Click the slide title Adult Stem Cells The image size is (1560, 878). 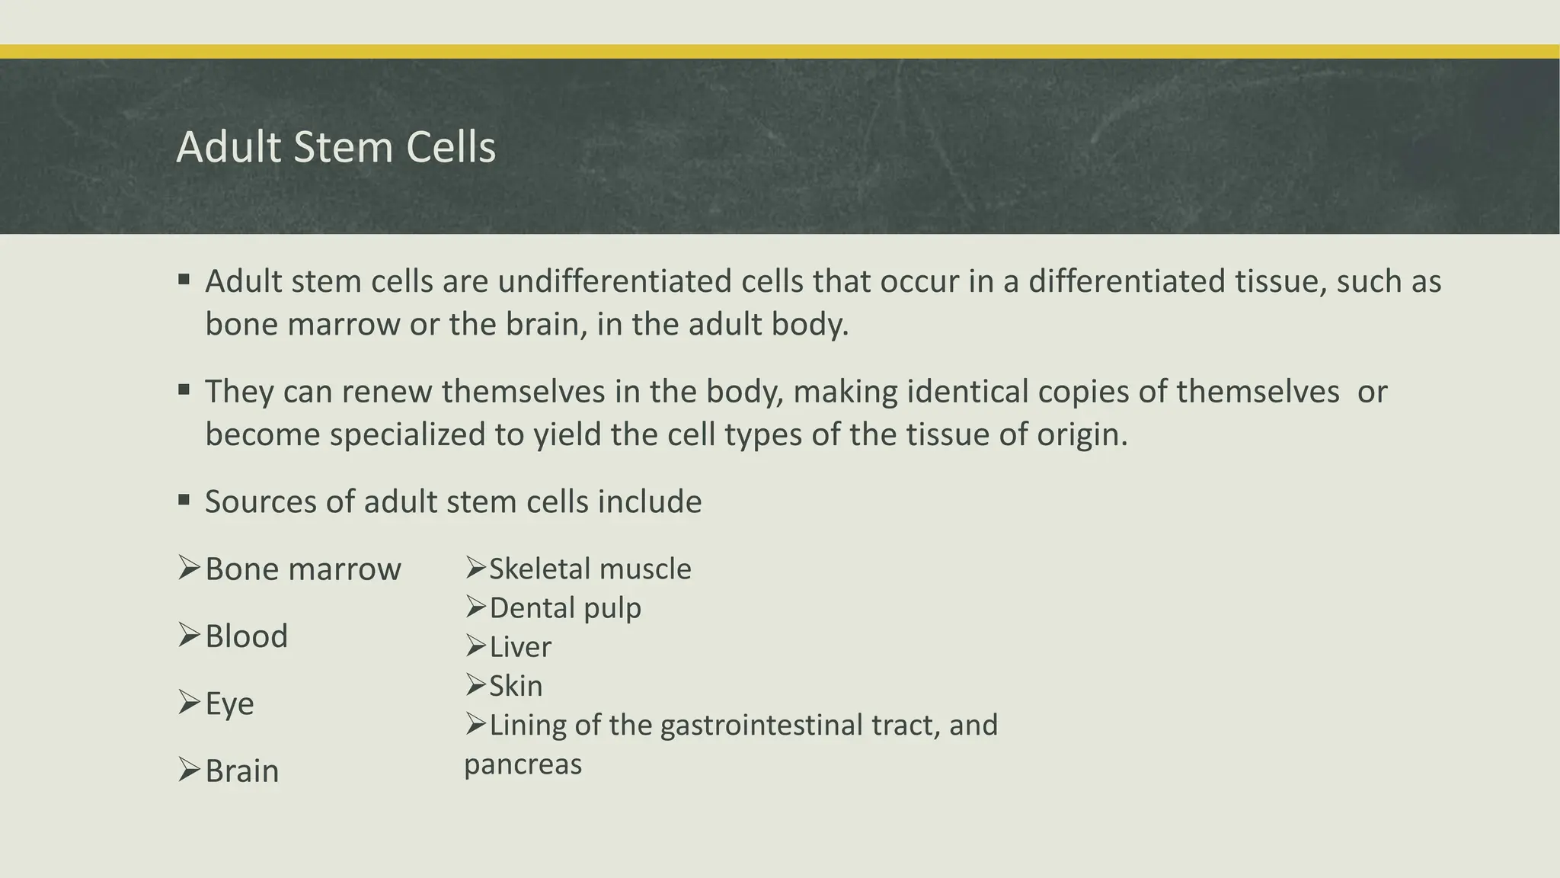(336, 147)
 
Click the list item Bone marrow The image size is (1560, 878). (302, 569)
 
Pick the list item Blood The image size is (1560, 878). (246, 636)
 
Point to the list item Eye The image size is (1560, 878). (229, 703)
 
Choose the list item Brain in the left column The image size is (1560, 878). (241, 771)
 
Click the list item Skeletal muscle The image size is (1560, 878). (590, 569)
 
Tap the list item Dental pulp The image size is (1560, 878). (564, 608)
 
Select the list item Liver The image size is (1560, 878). (519, 647)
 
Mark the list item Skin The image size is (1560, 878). (516, 686)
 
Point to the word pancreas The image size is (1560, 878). (523, 764)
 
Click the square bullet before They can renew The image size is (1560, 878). (184, 390)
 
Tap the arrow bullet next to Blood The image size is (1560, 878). (188, 634)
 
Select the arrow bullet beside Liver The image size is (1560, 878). (475, 646)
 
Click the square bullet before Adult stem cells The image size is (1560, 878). (184, 280)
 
